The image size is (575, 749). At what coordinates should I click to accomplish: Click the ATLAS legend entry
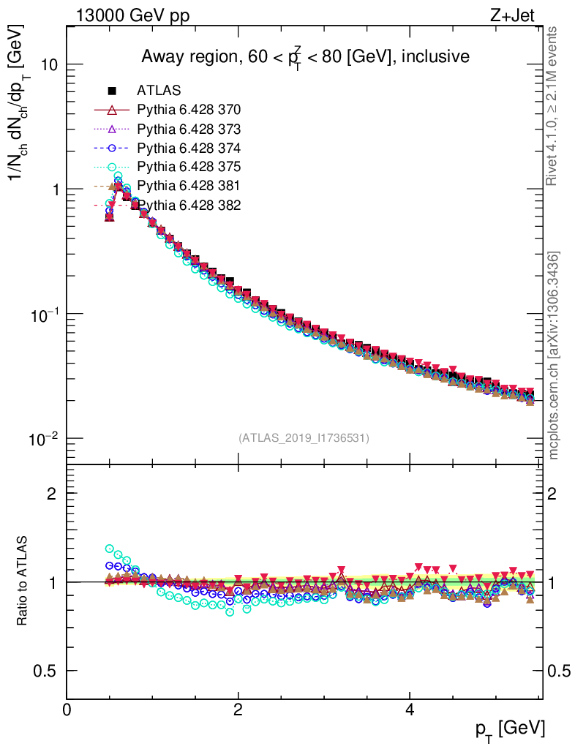tap(158, 91)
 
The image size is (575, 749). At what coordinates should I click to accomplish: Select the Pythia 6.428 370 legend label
tap(189, 110)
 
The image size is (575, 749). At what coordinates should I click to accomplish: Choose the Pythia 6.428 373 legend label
tap(189, 129)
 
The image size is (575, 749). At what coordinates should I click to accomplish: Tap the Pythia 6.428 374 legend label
tap(189, 148)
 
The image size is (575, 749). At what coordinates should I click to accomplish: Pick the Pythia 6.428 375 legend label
tap(189, 168)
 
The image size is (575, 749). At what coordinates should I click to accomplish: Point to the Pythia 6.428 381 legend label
tap(189, 187)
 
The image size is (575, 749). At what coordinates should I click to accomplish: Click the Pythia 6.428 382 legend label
tap(189, 206)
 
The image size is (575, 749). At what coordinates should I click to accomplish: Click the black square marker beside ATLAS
tap(112, 91)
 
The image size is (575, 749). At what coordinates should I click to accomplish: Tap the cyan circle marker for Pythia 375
tap(112, 168)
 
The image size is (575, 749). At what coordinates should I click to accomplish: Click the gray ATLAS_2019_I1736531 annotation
tap(304, 438)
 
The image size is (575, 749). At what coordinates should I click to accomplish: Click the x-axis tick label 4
tap(410, 710)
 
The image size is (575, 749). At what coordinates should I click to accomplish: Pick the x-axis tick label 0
tap(67, 710)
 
